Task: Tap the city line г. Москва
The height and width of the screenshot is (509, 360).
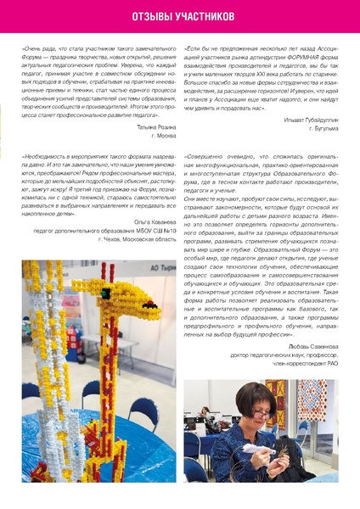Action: [163, 135]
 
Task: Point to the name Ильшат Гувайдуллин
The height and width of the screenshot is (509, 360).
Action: [312, 120]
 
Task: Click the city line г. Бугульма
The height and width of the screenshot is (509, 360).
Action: [322, 128]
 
